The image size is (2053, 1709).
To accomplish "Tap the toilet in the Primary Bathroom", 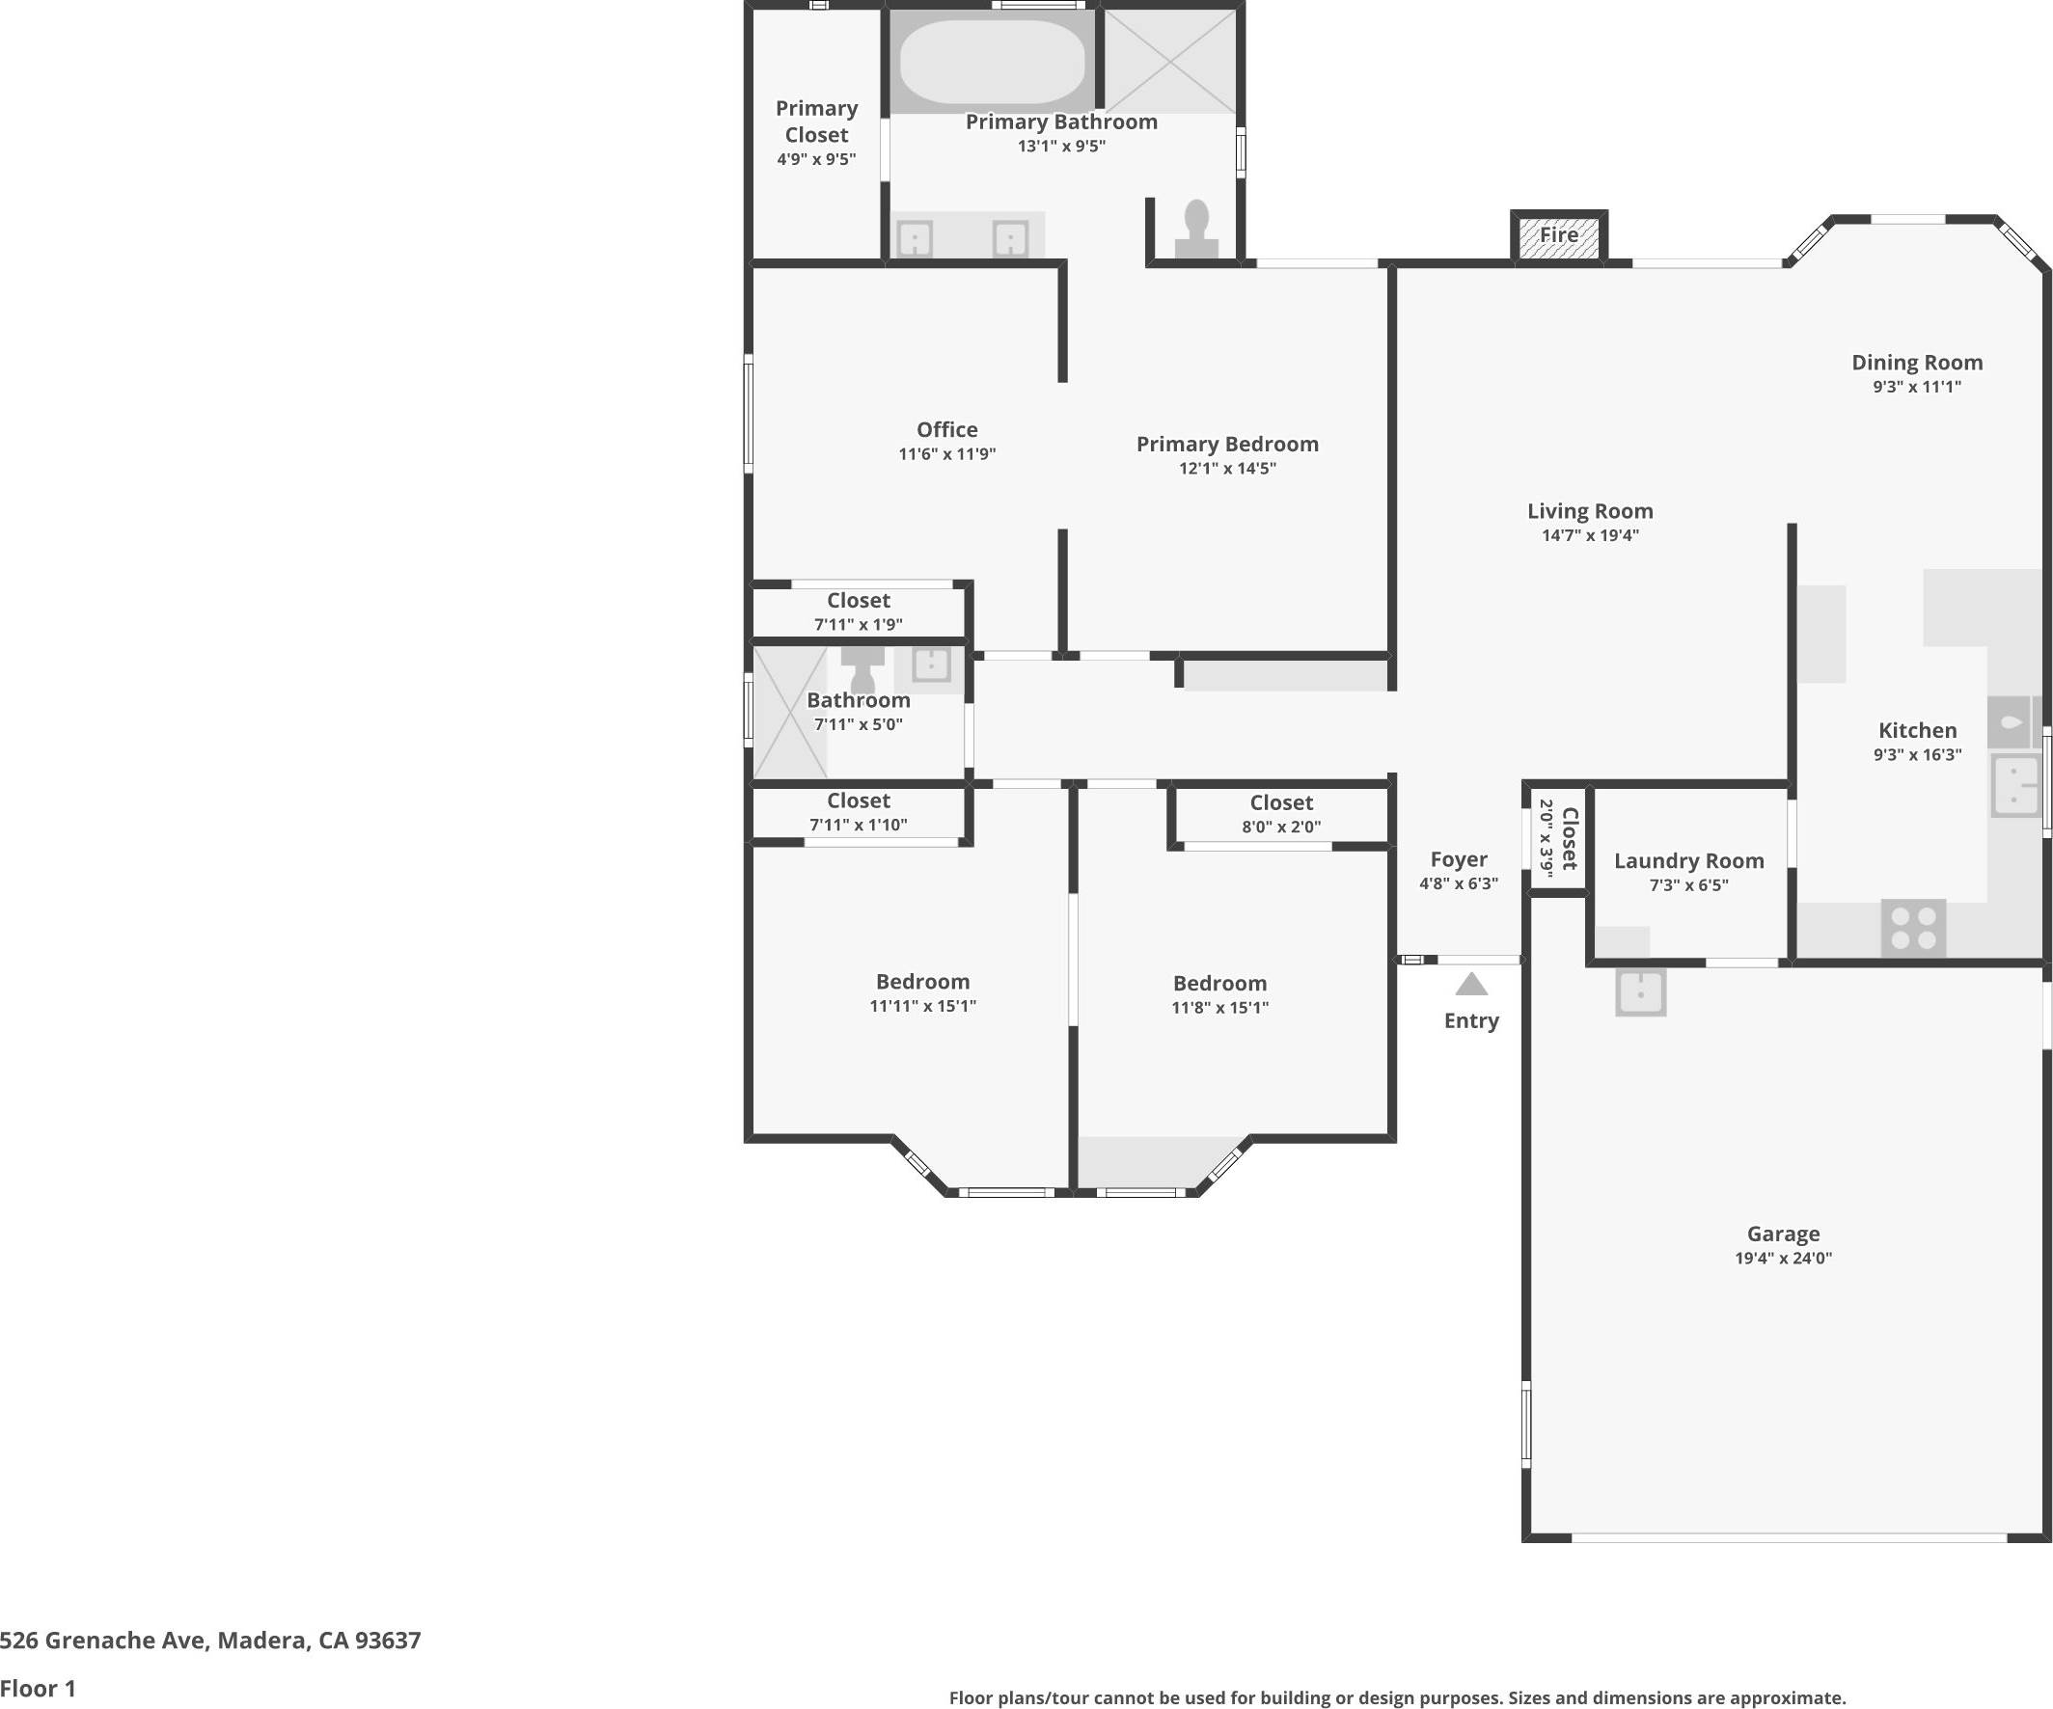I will (x=1196, y=230).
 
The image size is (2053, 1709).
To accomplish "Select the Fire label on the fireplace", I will (x=1558, y=235).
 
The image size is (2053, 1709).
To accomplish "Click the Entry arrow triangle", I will (x=1471, y=984).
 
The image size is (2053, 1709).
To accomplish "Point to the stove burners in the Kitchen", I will (x=1913, y=928).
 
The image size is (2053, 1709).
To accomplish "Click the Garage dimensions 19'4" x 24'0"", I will (x=1783, y=1259).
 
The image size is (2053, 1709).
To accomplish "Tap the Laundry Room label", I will (x=1688, y=861).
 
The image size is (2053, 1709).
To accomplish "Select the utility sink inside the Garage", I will (x=1640, y=992).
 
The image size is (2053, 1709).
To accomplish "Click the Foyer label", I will (x=1459, y=859).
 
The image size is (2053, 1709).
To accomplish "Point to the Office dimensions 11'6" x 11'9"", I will (x=946, y=453).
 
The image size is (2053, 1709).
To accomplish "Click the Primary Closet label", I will (x=816, y=122).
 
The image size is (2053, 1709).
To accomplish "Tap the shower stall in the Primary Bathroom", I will (x=1170, y=61).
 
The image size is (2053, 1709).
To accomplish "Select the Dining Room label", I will (x=1916, y=363).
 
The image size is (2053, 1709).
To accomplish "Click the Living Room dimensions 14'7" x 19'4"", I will (x=1590, y=535).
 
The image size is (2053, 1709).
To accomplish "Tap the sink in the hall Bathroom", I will (x=931, y=665).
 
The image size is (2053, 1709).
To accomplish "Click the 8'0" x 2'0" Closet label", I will (x=1280, y=802).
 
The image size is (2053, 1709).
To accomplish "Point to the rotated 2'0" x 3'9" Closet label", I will (x=1570, y=838).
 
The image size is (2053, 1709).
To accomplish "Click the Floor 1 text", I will (x=39, y=1688).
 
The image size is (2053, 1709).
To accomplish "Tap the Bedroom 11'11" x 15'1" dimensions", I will (x=922, y=1007).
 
